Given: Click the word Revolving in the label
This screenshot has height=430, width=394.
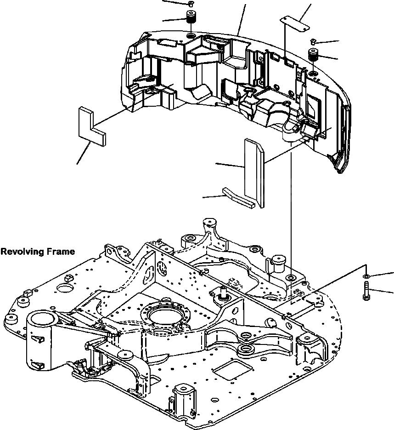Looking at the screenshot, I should [x=21, y=252].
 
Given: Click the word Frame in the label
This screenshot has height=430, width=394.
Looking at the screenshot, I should [x=59, y=252].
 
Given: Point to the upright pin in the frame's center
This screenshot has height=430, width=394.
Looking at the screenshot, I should [x=224, y=291].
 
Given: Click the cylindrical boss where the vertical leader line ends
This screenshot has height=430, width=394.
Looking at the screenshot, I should [x=279, y=264].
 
